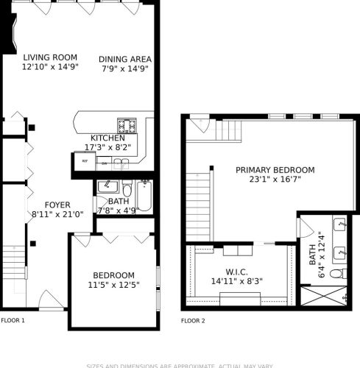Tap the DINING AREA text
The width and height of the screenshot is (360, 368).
125,60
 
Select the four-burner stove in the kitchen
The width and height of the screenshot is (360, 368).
124,124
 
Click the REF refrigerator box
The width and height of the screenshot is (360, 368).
85,160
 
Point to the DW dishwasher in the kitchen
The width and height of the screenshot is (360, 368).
105,160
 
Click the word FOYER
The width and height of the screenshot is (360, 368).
46,205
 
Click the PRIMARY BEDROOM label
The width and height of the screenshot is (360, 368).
275,170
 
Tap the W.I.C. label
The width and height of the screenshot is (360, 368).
237,271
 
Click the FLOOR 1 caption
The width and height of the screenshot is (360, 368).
13,320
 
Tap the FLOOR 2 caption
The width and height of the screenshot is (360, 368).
194,320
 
